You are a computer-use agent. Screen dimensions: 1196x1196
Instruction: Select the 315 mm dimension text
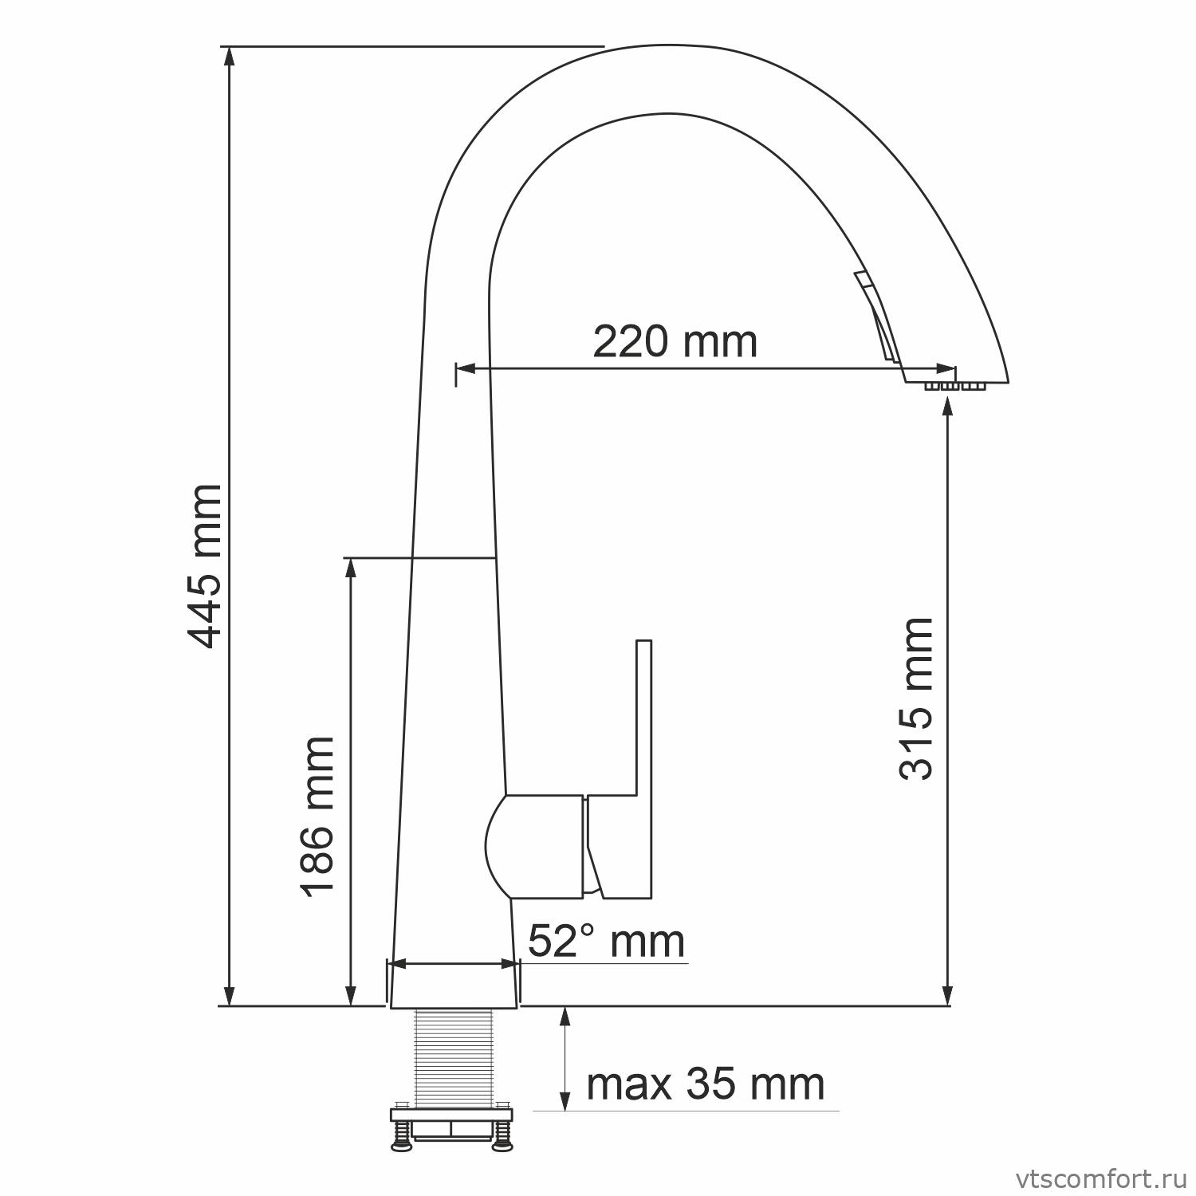pyautogui.click(x=915, y=698)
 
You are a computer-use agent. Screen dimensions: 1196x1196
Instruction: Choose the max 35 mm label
pyautogui.click(x=706, y=1084)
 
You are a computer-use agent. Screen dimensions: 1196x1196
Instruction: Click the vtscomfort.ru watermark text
pyautogui.click(x=1103, y=1177)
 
